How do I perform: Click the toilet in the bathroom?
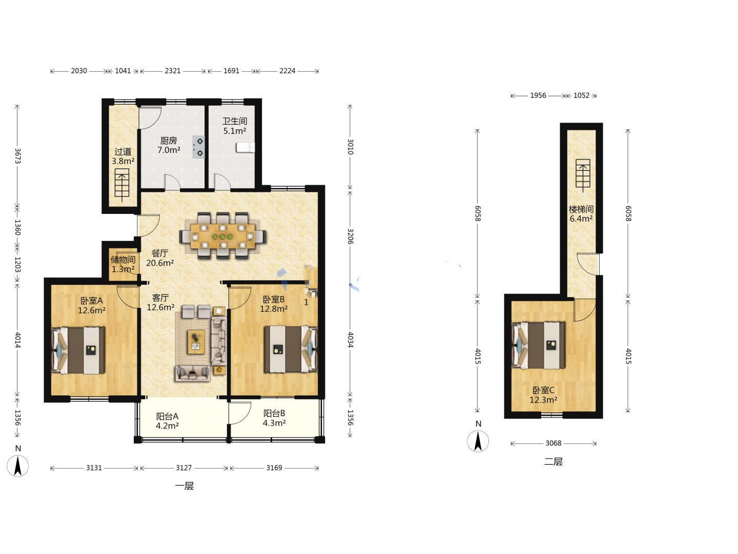tap(245, 147)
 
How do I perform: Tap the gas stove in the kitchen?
tap(198, 147)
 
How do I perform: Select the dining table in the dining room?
tap(222, 236)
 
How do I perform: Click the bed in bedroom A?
tap(78, 350)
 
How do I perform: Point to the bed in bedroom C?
tap(538, 345)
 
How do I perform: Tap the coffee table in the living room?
tap(196, 342)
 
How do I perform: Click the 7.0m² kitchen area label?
tap(169, 150)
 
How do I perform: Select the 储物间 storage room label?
tap(123, 260)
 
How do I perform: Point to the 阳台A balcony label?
tap(167, 417)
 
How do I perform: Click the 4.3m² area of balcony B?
tap(274, 423)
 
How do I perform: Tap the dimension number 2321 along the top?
tap(173, 71)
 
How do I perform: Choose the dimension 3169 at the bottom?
tap(274, 468)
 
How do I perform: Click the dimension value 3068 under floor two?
tap(553, 443)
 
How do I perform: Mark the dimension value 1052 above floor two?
tap(581, 95)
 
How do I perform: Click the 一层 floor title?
tap(184, 486)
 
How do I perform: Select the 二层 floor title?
tap(553, 462)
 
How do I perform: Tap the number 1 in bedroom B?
tap(306, 303)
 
